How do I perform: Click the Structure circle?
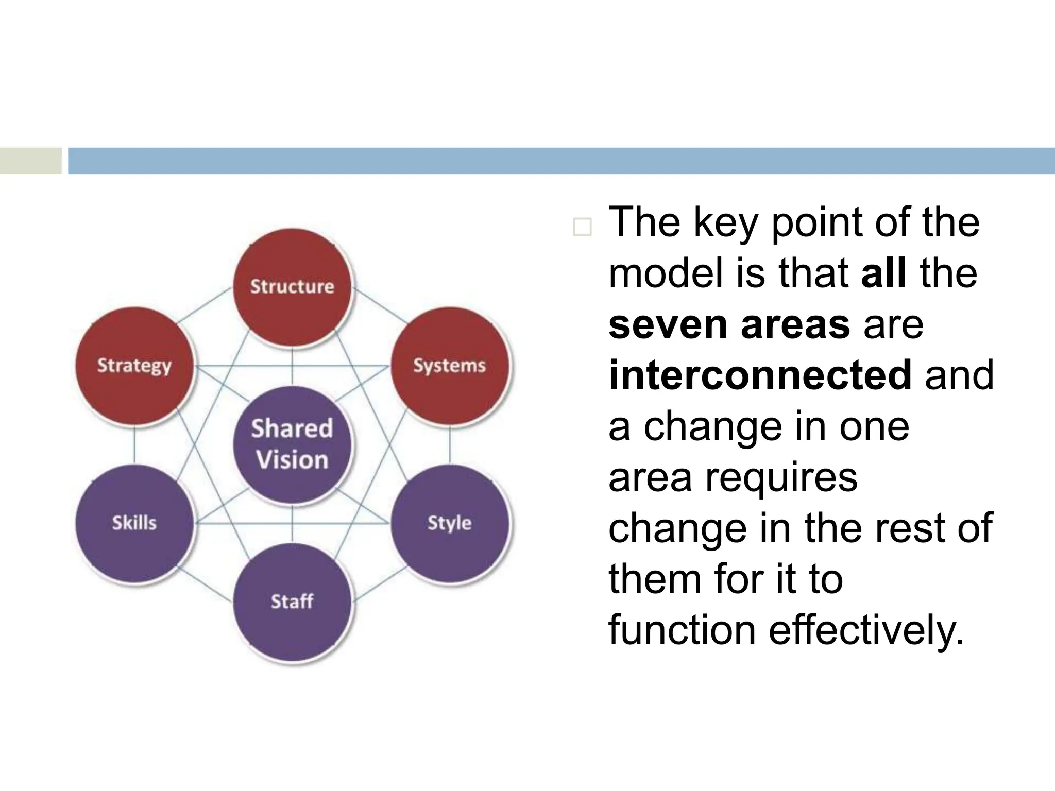point(292,287)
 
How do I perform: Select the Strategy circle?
point(134,366)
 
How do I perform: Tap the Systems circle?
point(449,366)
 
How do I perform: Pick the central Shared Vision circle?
point(292,444)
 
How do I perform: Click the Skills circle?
point(134,523)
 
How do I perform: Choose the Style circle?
point(449,523)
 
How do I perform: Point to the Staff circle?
point(292,601)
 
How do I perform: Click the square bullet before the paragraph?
point(582,227)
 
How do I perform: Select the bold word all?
point(883,273)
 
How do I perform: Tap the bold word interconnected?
point(760,375)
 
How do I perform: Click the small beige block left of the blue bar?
point(30,161)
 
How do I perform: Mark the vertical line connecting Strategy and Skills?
point(134,444)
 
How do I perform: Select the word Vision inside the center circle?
point(292,460)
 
